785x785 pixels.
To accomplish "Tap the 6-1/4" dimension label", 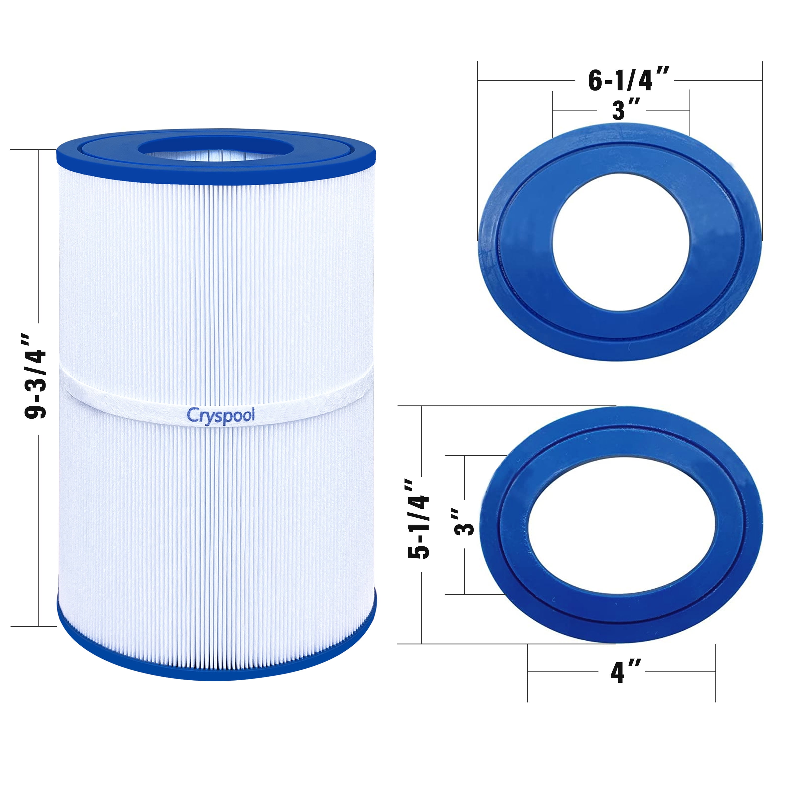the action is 629,80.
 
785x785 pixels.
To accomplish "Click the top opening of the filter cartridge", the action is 215,149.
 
